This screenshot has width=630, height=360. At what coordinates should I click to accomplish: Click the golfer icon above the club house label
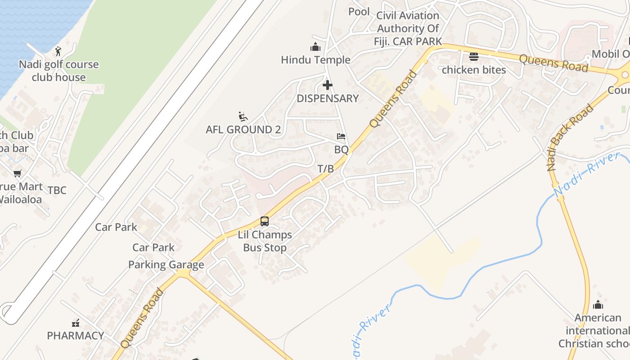pyautogui.click(x=58, y=51)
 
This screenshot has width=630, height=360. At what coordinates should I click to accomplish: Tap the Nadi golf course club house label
pyautogui.click(x=58, y=71)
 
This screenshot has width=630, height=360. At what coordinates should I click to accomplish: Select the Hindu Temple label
pyautogui.click(x=315, y=60)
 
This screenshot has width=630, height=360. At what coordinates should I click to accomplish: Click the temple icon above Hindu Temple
pyautogui.click(x=315, y=47)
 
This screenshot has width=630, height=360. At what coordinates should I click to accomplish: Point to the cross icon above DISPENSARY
pyautogui.click(x=328, y=85)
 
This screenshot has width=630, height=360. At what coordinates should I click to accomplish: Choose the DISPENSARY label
pyautogui.click(x=328, y=99)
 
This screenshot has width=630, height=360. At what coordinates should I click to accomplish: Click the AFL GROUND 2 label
pyautogui.click(x=243, y=130)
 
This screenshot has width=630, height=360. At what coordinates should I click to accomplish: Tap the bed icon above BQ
pyautogui.click(x=341, y=136)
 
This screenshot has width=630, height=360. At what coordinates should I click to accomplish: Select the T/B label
pyautogui.click(x=326, y=169)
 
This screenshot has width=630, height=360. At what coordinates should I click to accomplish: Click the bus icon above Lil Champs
pyautogui.click(x=265, y=221)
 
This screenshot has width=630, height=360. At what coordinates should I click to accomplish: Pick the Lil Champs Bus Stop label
pyautogui.click(x=265, y=241)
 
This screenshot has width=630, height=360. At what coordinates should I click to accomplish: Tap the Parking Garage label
pyautogui.click(x=166, y=265)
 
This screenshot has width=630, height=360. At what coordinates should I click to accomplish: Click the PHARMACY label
pyautogui.click(x=76, y=336)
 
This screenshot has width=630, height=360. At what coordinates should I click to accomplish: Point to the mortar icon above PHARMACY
pyautogui.click(x=76, y=323)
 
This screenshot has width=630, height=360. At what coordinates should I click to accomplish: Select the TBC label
pyautogui.click(x=57, y=190)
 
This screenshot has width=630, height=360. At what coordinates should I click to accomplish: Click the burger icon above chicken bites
pyautogui.click(x=474, y=57)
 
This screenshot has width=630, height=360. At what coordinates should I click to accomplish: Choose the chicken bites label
pyautogui.click(x=474, y=70)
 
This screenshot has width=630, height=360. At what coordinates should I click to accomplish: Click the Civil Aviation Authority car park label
pyautogui.click(x=407, y=28)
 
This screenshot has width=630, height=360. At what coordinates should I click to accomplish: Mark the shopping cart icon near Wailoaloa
pyautogui.click(x=18, y=173)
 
